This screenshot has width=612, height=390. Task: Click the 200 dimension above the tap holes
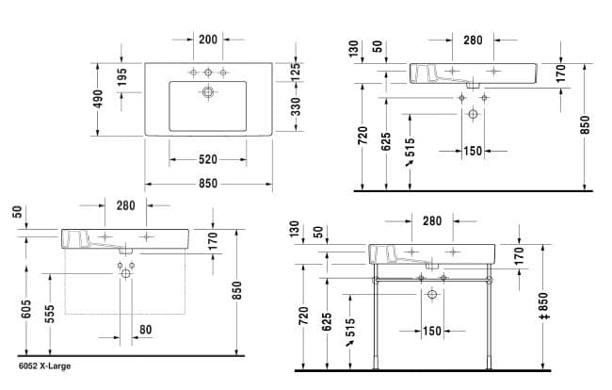(x=208, y=40)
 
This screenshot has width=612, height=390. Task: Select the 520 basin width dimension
(x=208, y=159)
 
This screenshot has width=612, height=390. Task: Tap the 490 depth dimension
(x=98, y=99)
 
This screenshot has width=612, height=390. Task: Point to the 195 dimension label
(x=121, y=77)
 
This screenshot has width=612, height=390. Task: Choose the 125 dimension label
(x=296, y=72)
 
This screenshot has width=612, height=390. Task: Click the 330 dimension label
(x=297, y=107)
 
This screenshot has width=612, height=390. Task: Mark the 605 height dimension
(x=26, y=309)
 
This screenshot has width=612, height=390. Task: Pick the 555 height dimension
(x=50, y=314)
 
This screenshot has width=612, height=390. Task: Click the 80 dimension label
(x=146, y=330)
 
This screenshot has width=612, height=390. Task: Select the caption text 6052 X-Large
(x=45, y=366)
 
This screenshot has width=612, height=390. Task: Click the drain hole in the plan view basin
(x=208, y=92)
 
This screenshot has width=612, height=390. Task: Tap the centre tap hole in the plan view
(x=208, y=73)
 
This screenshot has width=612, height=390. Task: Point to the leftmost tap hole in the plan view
(x=193, y=73)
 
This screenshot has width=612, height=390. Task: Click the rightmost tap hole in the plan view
(x=223, y=73)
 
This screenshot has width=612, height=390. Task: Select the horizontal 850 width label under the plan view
(x=208, y=184)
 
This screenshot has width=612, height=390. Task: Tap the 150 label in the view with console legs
(x=431, y=331)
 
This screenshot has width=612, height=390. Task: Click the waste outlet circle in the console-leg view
(x=432, y=294)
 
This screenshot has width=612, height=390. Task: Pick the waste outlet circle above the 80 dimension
(x=125, y=274)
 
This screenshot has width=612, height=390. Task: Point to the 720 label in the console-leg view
(x=303, y=316)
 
